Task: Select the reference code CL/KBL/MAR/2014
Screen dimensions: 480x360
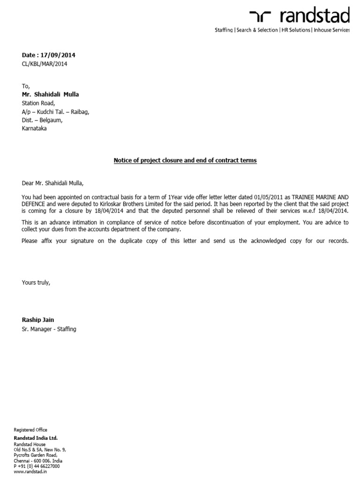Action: pos(45,64)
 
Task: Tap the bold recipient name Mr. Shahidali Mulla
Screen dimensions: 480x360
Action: pos(50,94)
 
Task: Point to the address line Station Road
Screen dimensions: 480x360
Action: pos(38,103)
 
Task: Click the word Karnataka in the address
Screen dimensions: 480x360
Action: pos(34,128)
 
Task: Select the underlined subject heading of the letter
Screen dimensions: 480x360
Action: pos(185,160)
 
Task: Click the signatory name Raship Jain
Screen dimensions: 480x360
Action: pos(38,320)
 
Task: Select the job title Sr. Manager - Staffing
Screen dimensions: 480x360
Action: pos(49,329)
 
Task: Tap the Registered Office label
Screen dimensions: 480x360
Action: pos(30,429)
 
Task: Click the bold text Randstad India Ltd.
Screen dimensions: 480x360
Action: pos(36,437)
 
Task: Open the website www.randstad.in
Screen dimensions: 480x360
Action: pos(30,472)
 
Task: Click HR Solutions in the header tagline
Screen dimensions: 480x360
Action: pos(295,30)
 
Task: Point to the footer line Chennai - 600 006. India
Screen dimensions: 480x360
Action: pos(41,460)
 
